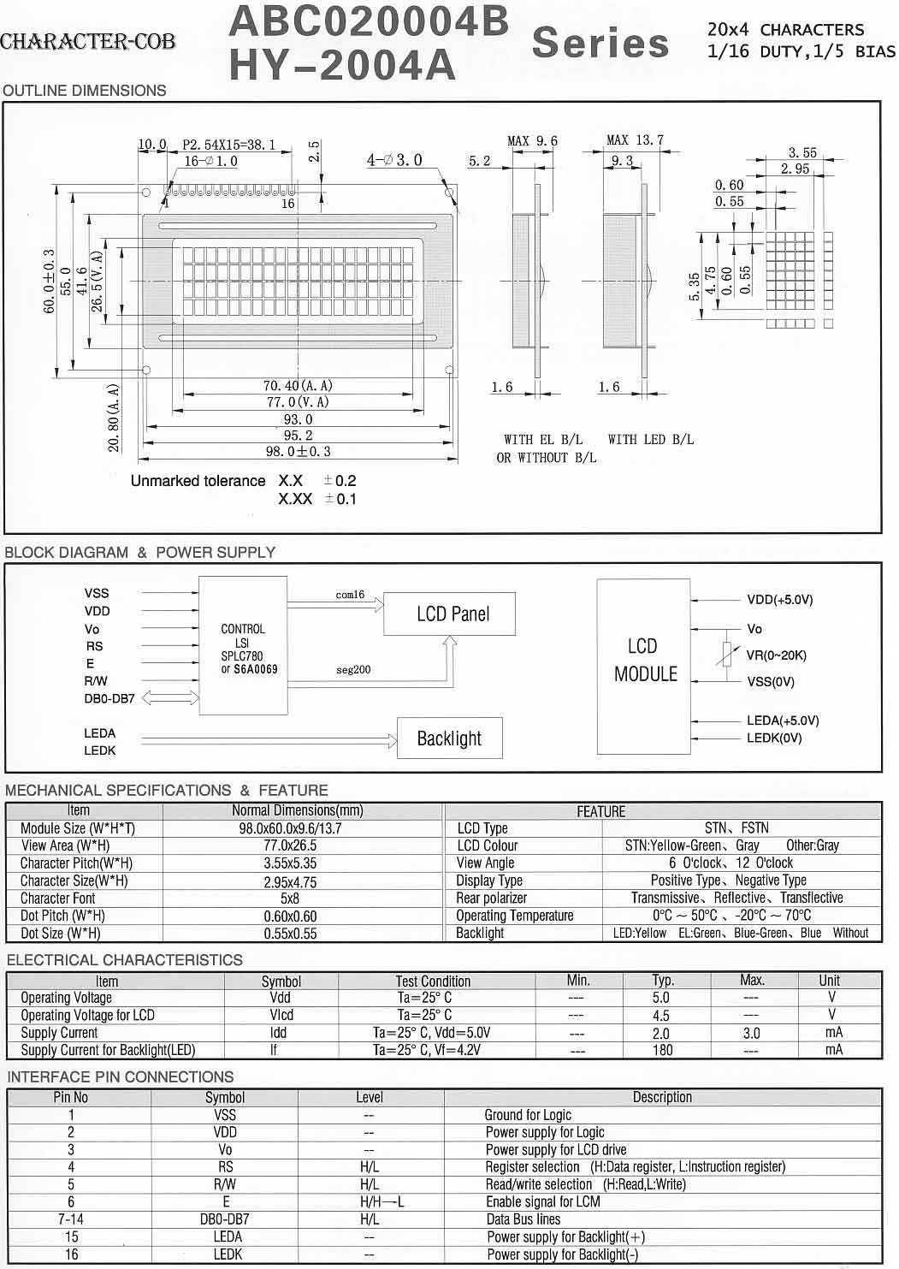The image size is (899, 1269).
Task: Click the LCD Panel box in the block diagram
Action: pos(449,614)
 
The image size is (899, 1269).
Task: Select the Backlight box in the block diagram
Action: pos(449,738)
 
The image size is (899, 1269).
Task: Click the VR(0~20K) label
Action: pos(776,655)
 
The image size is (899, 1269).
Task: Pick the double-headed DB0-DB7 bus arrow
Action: pos(169,698)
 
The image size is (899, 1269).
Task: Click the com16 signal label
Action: pos(350,595)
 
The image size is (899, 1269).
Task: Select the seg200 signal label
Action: pos(353,670)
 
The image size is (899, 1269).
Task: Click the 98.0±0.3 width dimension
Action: pos(298,451)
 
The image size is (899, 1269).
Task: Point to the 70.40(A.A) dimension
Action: pos(298,386)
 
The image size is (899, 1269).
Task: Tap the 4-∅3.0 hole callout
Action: pos(394,160)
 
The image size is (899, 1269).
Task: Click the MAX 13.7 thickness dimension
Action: pos(635,139)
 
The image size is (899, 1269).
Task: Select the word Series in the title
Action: pos(600,43)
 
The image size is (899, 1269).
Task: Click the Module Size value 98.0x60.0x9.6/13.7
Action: pos(290,828)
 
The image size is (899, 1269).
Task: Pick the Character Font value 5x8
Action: pos(290,898)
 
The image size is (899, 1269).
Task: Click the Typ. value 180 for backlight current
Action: pos(662,1050)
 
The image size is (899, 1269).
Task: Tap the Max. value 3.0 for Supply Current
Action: pos(751,1033)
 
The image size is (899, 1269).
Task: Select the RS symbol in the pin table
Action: pos(225,1167)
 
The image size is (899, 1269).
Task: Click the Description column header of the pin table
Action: pos(662,1097)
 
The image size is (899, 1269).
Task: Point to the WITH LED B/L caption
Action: pos(650,440)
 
